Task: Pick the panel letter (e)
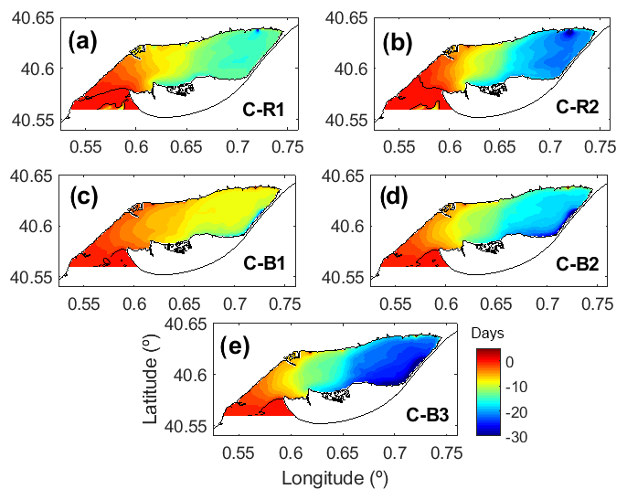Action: (x=239, y=348)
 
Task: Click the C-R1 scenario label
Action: (x=263, y=111)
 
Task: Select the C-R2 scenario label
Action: (x=577, y=106)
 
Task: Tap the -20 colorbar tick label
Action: (x=515, y=413)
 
